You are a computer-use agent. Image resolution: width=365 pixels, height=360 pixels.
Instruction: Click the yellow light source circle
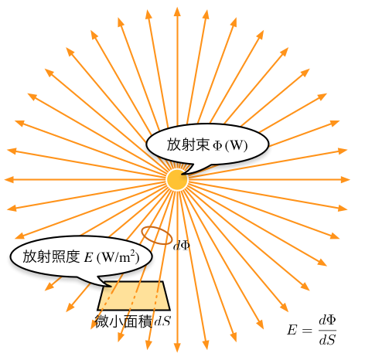tap(177, 180)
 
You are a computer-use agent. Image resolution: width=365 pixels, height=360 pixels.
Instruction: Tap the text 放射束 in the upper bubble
tap(188, 144)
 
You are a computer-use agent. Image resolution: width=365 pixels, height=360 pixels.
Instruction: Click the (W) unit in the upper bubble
tap(237, 145)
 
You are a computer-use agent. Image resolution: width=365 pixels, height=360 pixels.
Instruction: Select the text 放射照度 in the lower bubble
tap(51, 256)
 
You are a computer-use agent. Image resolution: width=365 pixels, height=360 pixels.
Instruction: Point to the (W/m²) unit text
tap(118, 256)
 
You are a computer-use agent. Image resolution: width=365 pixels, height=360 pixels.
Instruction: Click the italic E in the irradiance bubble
tap(88, 257)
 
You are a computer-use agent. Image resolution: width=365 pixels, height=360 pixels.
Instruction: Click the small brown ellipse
tap(157, 236)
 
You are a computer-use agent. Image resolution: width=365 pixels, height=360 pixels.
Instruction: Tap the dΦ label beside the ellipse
tap(182, 246)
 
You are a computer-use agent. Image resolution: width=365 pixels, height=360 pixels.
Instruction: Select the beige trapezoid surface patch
tap(134, 296)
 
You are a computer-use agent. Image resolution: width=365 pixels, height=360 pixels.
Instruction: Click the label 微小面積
tap(123, 321)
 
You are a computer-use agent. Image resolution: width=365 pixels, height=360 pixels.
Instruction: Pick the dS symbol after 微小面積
tap(162, 321)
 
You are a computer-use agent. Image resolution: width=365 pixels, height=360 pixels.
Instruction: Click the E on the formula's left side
tap(292, 330)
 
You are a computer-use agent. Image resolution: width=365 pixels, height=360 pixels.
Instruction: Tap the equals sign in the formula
tap(307, 331)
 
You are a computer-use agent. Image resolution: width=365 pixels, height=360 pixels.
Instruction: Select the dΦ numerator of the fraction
tap(327, 321)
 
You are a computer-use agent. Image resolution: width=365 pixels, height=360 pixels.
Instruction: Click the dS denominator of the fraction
tap(327, 340)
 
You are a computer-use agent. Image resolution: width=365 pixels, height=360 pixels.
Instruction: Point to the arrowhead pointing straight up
tap(177, 12)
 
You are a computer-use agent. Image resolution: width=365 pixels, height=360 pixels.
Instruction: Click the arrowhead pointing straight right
tap(345, 180)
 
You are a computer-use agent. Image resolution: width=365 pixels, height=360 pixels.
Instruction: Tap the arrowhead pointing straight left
tap(9, 180)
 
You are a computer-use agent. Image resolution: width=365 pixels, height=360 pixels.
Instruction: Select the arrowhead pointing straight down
tap(177, 348)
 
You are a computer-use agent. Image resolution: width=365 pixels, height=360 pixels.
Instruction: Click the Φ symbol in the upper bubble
tap(217, 145)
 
